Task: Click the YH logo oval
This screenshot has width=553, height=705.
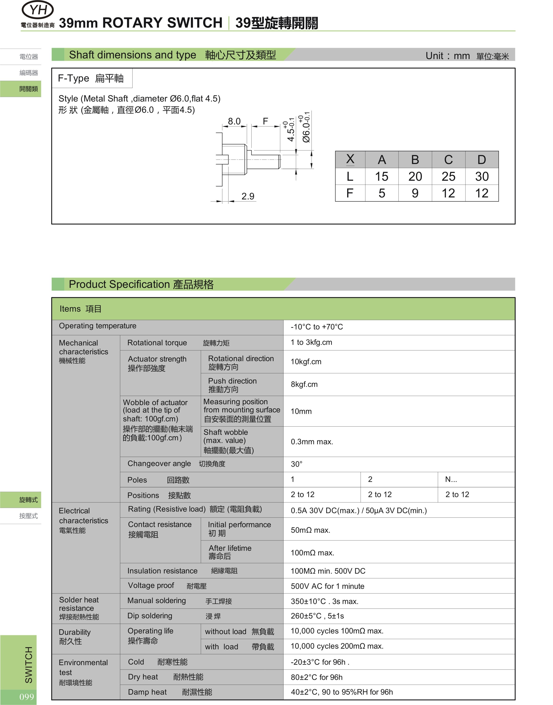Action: [38, 10]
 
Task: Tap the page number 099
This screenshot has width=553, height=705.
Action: [27, 697]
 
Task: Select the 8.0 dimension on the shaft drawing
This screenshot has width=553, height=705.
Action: [234, 121]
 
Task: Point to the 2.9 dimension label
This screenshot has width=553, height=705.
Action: [248, 196]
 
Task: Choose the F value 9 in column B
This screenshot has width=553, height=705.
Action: [415, 193]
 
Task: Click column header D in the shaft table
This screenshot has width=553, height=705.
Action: [481, 160]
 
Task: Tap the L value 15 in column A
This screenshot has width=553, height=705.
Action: [382, 176]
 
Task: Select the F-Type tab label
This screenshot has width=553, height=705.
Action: [91, 78]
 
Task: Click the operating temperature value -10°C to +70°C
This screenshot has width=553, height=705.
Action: [317, 327]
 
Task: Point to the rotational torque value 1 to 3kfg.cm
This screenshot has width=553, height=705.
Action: [311, 342]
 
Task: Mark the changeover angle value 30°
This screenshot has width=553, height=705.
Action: [296, 464]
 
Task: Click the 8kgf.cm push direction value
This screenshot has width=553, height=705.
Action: [304, 384]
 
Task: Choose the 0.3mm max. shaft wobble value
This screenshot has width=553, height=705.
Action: [312, 442]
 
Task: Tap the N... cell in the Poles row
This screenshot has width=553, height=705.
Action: [451, 479]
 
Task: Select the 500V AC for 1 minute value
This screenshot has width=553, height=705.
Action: [327, 586]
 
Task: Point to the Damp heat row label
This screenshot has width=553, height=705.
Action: [147, 692]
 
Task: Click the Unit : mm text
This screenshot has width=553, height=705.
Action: [448, 56]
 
